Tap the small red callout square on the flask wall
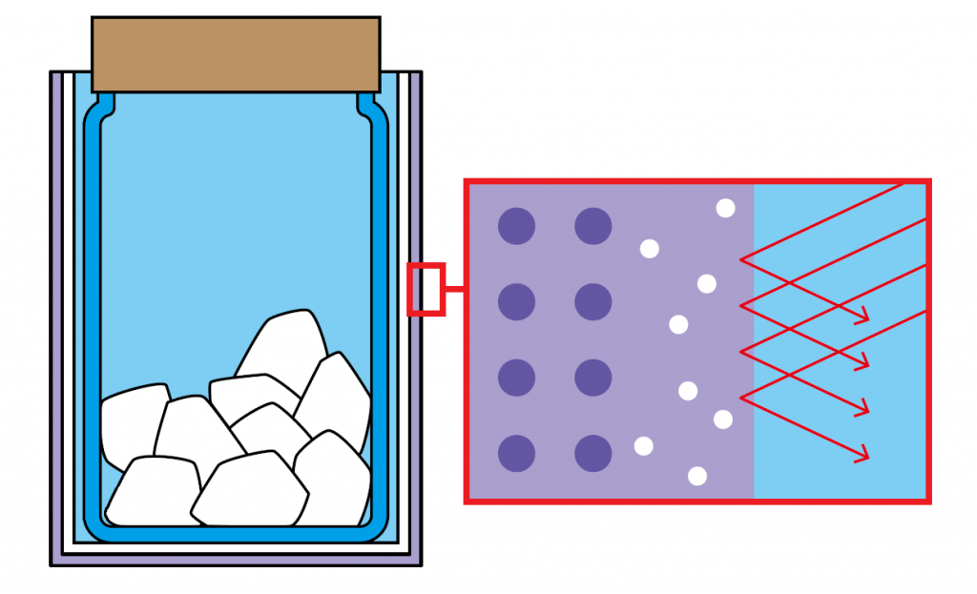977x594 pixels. [x=426, y=289]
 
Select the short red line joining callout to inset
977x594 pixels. [x=454, y=289]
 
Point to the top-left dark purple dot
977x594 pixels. [x=516, y=226]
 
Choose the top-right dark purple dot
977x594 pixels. [x=592, y=226]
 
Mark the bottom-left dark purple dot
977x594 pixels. [x=516, y=453]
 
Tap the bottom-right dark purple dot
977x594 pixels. [x=592, y=453]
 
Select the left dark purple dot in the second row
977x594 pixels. [x=516, y=301]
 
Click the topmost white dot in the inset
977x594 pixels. [x=725, y=208]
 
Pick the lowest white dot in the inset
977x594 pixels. [x=697, y=476]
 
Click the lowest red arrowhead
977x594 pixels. [x=864, y=457]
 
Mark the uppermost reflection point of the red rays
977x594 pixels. [x=742, y=258]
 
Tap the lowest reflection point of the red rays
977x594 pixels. [x=742, y=397]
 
